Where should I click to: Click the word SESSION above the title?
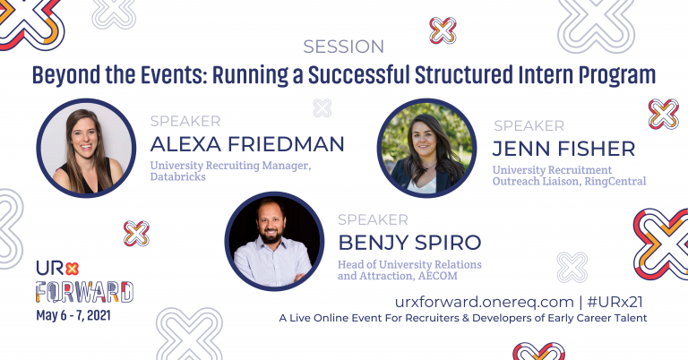(x=344, y=47)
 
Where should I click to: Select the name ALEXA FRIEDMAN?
(x=247, y=144)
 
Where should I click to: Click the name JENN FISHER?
(x=563, y=149)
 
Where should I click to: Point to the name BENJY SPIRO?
(x=409, y=243)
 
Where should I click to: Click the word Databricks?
(x=177, y=176)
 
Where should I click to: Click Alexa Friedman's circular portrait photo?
(x=86, y=148)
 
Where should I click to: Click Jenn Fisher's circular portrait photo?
(x=426, y=148)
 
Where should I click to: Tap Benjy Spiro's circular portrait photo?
(x=274, y=241)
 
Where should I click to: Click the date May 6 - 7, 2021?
(x=73, y=315)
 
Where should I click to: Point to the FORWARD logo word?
(x=84, y=292)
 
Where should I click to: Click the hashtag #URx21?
(x=615, y=302)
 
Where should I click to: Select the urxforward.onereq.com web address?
(x=485, y=302)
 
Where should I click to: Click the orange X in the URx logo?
(x=72, y=269)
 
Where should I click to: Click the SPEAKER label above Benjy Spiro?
(x=373, y=219)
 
